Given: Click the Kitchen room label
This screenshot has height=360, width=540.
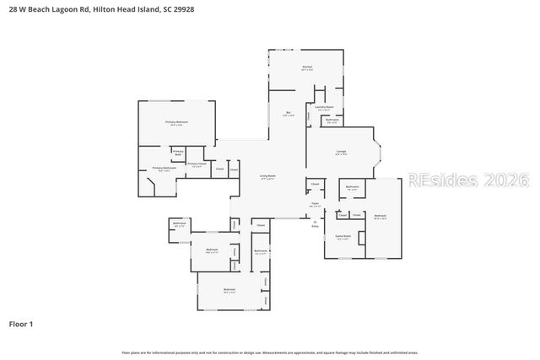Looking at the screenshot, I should coord(308,67).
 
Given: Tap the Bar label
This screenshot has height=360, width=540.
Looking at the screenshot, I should coord(288,114).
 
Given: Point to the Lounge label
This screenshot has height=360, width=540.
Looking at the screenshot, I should coord(340,153).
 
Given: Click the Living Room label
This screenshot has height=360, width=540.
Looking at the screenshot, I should coord(267,176).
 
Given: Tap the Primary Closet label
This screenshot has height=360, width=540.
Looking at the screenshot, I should coord(196,164).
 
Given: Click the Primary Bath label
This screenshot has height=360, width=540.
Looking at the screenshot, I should coord(178,153).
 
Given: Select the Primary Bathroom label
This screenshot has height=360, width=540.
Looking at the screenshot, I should coord(164,169).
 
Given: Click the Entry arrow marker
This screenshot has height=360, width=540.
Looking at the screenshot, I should coord(315,223).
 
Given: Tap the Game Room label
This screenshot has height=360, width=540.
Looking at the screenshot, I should coord(343,238).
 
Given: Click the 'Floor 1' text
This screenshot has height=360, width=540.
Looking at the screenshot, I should coord(21,324).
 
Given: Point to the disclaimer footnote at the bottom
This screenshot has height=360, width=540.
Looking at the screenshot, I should coord(270,352).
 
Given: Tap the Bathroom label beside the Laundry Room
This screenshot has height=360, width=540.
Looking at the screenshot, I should coord(332,121).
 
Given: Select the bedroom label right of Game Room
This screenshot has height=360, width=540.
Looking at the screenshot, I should coord(380,218).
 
